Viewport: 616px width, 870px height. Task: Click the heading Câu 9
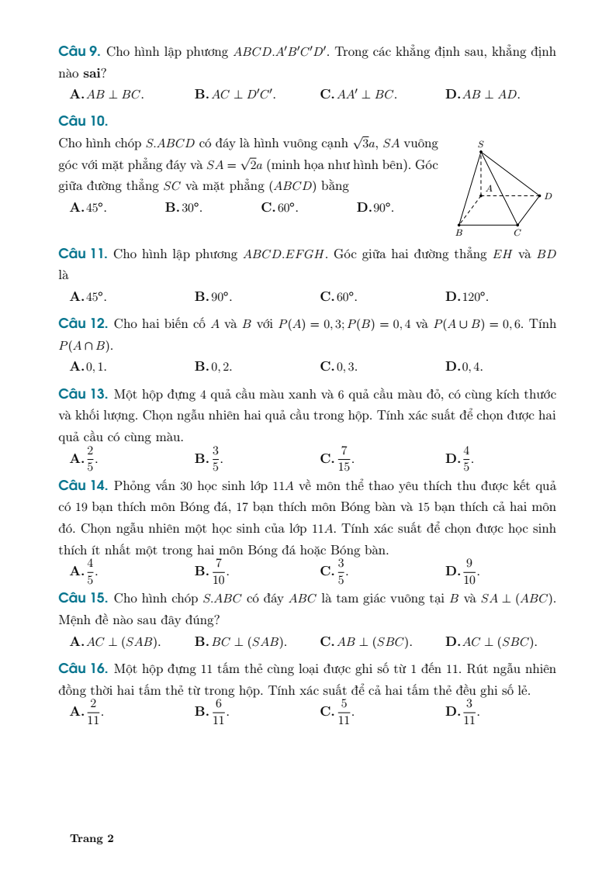click(79, 52)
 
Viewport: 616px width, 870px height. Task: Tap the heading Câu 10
click(83, 121)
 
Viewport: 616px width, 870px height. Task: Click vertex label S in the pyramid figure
click(481, 144)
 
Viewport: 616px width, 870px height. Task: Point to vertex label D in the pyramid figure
click(548, 196)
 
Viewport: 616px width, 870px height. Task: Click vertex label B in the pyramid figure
click(459, 232)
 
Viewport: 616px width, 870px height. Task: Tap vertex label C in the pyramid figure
click(517, 232)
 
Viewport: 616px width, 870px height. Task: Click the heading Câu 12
click(82, 323)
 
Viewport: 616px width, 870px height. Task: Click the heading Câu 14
click(82, 486)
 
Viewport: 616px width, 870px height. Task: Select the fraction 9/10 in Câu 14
click(469, 571)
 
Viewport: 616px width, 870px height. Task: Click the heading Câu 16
click(82, 668)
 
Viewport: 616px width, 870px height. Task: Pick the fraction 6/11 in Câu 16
click(219, 711)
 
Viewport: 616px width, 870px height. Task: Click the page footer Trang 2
click(92, 839)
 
